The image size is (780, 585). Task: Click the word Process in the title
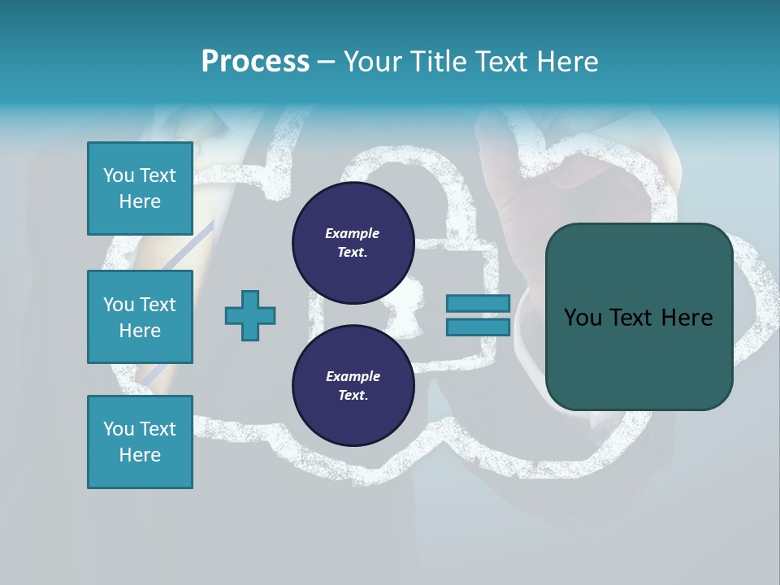click(255, 62)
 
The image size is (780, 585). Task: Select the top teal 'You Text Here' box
click(140, 188)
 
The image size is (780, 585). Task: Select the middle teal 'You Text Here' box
click(140, 317)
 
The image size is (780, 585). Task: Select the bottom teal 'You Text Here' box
click(140, 442)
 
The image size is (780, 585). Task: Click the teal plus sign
click(250, 315)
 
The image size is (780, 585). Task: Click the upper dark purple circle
click(353, 243)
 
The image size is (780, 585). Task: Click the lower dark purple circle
click(353, 386)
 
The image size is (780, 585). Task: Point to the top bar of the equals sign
click(478, 303)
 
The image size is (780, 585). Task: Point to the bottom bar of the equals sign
click(478, 327)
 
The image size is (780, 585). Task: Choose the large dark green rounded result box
click(639, 317)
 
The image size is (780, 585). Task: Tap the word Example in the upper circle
click(353, 233)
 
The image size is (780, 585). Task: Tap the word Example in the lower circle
click(353, 376)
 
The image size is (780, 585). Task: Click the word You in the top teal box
click(119, 175)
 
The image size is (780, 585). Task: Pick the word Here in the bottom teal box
click(140, 455)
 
